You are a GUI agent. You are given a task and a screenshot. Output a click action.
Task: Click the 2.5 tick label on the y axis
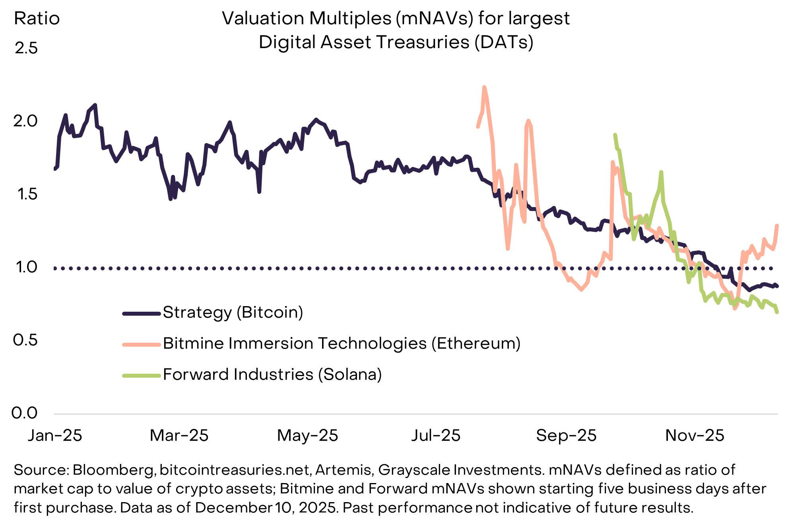tap(26, 49)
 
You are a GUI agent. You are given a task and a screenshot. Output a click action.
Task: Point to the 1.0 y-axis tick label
tap(26, 267)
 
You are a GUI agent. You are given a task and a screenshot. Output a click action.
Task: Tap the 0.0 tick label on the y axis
tap(25, 413)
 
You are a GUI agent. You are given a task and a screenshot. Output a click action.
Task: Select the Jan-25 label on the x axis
tap(55, 436)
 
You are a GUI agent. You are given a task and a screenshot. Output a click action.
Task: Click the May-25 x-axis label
tap(307, 436)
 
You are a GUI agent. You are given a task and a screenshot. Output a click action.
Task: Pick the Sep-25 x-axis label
tap(566, 436)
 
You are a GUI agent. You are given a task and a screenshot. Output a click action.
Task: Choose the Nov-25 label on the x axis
tap(695, 436)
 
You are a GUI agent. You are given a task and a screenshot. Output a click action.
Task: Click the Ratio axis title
tap(37, 19)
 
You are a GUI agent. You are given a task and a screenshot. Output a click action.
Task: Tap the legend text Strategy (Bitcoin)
tap(233, 312)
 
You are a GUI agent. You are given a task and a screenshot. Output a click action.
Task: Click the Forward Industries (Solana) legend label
tap(272, 375)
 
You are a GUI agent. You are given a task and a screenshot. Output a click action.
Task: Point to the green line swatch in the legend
tap(141, 375)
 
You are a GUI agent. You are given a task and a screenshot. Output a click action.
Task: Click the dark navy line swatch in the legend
tap(141, 314)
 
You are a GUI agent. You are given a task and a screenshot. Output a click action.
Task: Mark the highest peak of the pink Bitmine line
tap(484, 87)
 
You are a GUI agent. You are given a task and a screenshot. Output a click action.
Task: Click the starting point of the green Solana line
tap(615, 135)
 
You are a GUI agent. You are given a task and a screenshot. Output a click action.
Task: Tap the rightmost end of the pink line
tap(777, 226)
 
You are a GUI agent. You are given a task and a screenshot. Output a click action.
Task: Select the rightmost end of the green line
tap(777, 312)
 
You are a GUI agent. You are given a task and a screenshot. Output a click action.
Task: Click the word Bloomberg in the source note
tap(114, 470)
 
